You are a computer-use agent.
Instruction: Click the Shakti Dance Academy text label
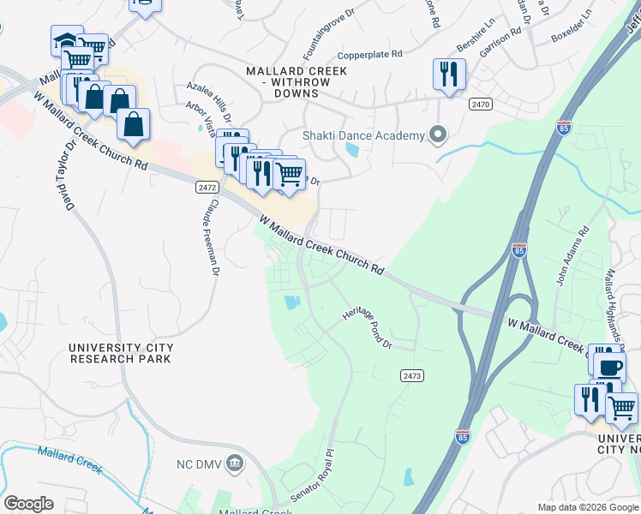tap(363, 135)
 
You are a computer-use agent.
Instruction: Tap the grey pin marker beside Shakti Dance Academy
tap(438, 134)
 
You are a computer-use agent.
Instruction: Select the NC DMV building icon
tap(237, 463)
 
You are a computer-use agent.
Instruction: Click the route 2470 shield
tap(481, 103)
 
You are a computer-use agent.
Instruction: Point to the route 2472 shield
tap(206, 185)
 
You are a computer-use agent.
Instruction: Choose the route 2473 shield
tap(412, 375)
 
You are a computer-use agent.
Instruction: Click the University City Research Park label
tap(121, 353)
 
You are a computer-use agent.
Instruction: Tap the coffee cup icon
tap(610, 367)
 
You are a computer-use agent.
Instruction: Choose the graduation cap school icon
tap(66, 40)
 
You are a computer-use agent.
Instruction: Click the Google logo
tap(28, 504)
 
